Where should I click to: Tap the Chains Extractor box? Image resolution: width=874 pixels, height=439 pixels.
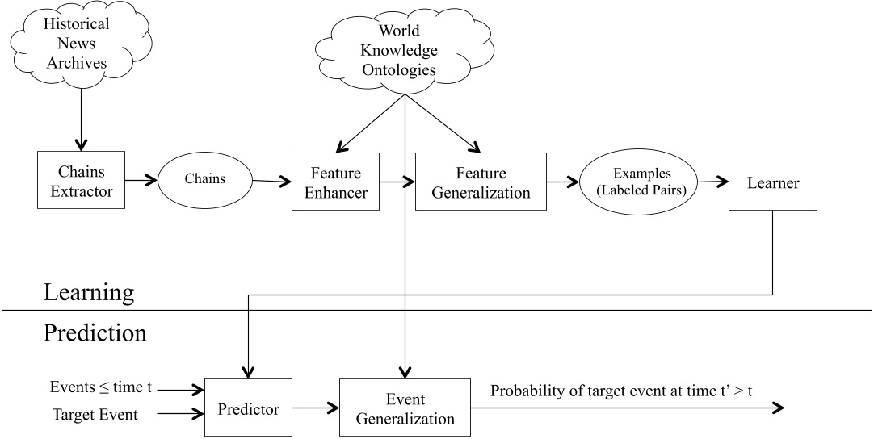[82, 181]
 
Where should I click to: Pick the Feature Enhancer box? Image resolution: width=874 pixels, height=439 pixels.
[335, 182]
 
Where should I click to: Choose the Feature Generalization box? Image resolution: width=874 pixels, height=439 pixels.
[481, 182]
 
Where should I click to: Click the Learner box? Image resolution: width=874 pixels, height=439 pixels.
[772, 182]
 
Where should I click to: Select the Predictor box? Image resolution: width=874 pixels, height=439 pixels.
[248, 408]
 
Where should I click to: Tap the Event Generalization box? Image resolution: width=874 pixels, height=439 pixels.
[405, 408]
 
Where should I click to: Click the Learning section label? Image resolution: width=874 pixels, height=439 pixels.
[88, 291]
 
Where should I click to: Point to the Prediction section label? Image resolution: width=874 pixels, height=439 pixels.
[95, 332]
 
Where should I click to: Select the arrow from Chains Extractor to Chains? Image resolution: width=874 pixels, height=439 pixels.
[142, 182]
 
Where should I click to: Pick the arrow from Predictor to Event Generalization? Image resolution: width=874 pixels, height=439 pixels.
[314, 408]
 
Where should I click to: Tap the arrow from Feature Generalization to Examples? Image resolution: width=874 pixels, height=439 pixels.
[561, 182]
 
